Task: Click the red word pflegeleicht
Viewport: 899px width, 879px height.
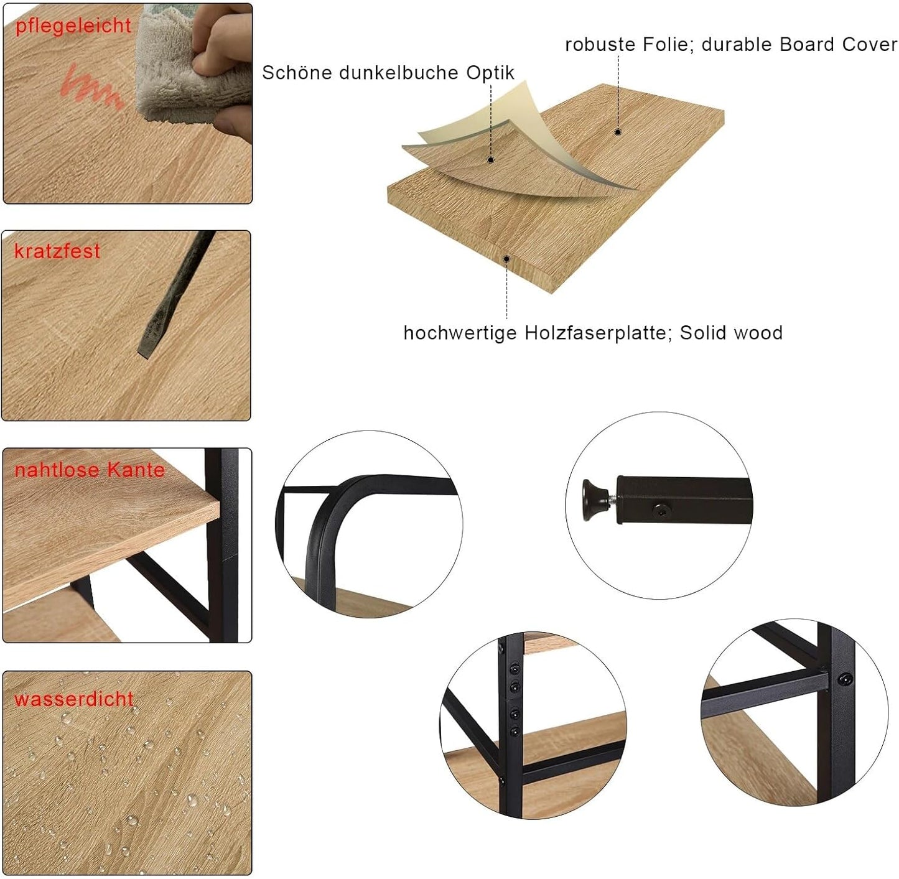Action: (x=73, y=26)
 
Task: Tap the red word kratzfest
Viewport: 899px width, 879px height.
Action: (x=57, y=251)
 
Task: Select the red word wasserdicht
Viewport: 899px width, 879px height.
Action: (x=74, y=699)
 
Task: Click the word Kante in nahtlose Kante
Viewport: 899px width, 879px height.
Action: (x=136, y=470)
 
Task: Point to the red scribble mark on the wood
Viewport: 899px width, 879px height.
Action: (x=92, y=86)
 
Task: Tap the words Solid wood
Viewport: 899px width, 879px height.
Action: (x=731, y=333)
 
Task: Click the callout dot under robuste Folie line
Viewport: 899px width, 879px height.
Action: (x=618, y=132)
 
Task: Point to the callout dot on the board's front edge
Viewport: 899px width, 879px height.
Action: (x=506, y=259)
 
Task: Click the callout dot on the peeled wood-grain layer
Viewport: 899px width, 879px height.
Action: (x=491, y=160)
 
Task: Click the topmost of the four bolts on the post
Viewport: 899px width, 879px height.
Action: (x=513, y=668)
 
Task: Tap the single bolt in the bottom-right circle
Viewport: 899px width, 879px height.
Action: (x=845, y=678)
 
